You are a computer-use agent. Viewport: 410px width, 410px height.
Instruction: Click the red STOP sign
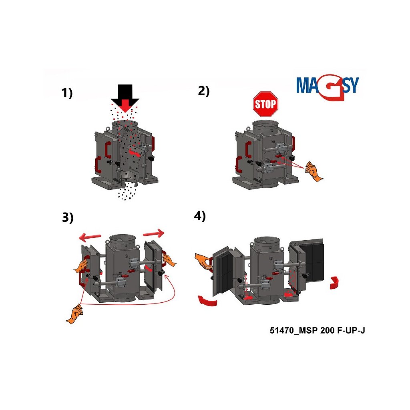(265, 104)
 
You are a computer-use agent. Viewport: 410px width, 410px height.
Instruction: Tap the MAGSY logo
(328, 88)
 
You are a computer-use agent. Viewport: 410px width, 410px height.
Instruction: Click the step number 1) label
(67, 93)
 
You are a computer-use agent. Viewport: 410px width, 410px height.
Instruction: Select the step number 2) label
(204, 91)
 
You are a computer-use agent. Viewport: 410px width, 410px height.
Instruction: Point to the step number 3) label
(68, 217)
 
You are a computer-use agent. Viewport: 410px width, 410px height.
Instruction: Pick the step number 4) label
(200, 216)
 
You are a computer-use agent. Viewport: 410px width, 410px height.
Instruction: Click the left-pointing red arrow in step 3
(90, 237)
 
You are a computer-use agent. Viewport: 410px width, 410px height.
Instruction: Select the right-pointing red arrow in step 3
(154, 233)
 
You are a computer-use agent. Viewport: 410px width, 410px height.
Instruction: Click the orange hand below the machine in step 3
(74, 314)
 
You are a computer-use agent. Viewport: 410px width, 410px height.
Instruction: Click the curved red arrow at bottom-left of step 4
(208, 301)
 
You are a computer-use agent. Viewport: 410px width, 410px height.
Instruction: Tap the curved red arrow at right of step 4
(334, 282)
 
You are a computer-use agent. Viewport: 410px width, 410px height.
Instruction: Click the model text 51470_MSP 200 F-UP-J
(317, 330)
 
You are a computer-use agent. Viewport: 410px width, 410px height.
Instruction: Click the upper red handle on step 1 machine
(108, 150)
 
